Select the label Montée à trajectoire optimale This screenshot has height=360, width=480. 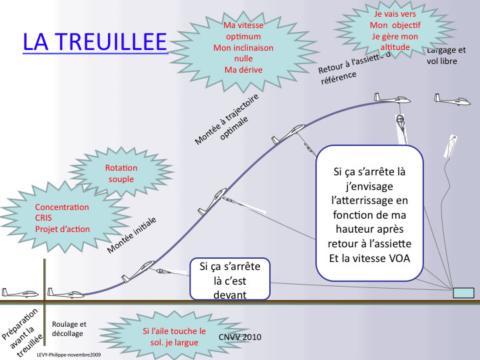227,118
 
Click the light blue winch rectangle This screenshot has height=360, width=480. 463,293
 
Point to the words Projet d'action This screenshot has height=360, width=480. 62,229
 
